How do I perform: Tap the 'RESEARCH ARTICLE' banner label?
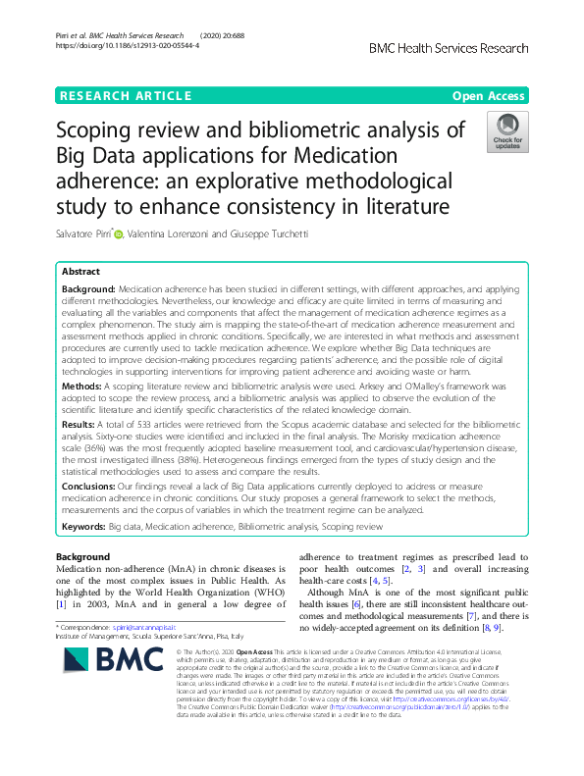[x=125, y=95]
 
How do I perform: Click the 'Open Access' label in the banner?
[x=489, y=95]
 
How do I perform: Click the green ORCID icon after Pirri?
[x=121, y=233]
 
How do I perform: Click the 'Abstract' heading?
[x=81, y=270]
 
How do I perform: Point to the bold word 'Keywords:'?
[x=83, y=527]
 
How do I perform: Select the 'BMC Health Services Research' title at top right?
[x=448, y=48]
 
